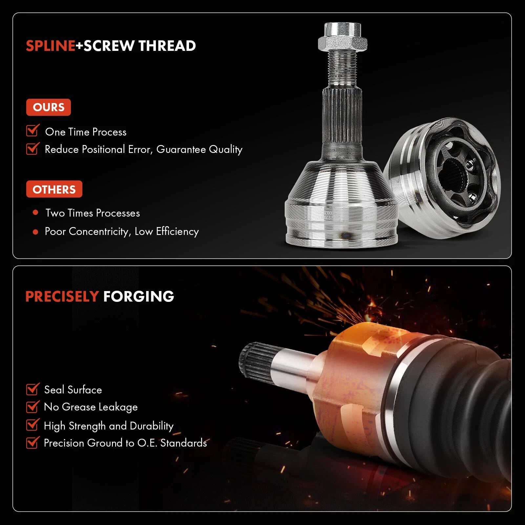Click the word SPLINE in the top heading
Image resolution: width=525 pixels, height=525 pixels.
51,46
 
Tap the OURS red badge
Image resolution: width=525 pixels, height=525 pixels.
49,107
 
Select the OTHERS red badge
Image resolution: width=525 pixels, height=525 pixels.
54,189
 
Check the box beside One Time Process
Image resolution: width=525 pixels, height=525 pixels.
33,130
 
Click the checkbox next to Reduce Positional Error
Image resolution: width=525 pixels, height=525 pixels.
33,148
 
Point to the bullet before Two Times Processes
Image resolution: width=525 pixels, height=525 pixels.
35,213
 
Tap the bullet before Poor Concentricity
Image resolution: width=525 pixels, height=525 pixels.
35,232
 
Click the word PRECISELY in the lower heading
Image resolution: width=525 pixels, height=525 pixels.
62,297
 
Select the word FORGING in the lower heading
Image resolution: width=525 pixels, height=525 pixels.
138,297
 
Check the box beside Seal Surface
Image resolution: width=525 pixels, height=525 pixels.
33,389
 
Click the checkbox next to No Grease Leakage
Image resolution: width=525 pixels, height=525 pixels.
33,407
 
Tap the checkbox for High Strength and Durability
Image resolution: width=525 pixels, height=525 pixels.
33,425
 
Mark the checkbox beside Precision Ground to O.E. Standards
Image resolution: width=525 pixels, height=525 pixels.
33,442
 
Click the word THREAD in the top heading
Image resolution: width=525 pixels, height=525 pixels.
167,46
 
